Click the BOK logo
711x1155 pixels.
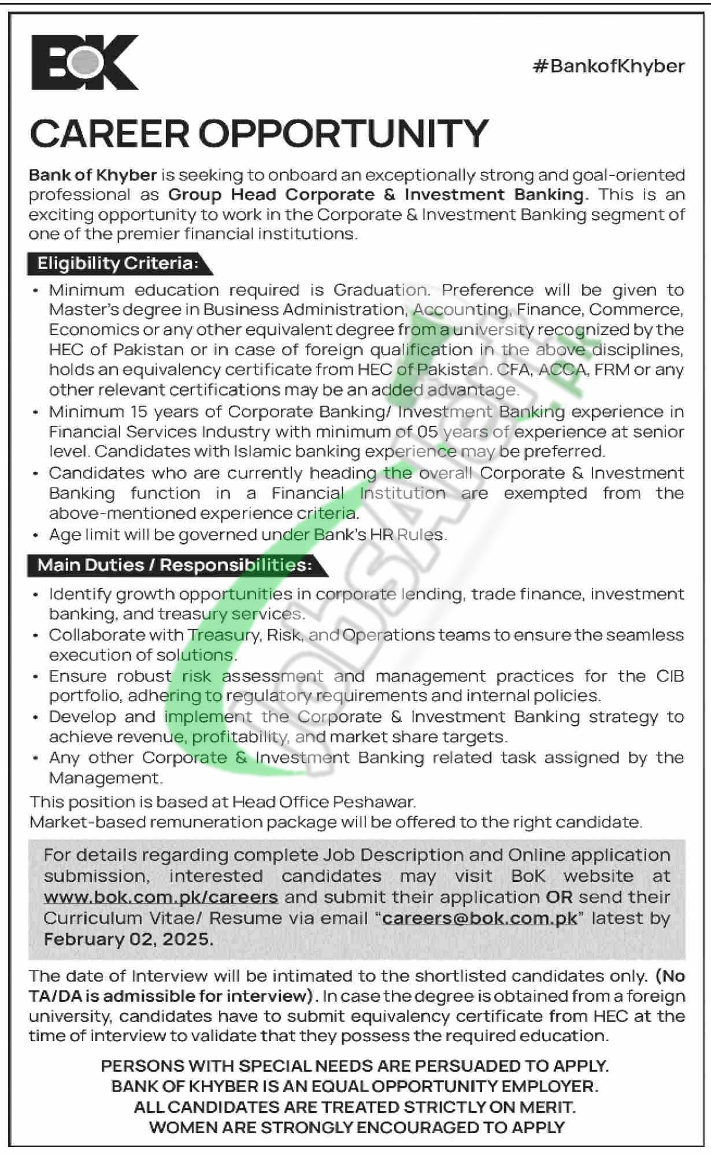point(84,62)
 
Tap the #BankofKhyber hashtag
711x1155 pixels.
point(608,66)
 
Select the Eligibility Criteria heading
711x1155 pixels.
point(117,264)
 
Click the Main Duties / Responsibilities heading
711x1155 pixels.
point(174,565)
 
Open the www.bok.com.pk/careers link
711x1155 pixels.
point(161,897)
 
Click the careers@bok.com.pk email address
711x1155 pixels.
point(479,918)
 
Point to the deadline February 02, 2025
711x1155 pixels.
point(128,939)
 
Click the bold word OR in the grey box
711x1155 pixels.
point(559,897)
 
